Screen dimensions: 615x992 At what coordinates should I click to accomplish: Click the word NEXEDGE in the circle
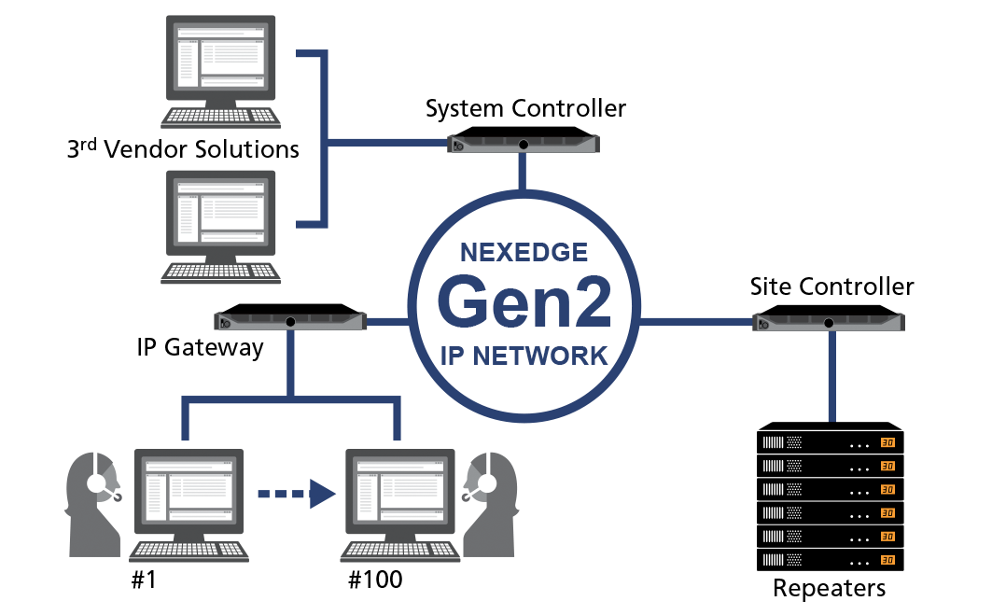pos(524,253)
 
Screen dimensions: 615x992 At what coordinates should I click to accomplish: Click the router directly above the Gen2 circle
pos(524,144)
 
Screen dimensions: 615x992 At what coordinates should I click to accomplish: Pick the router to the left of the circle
pos(290,321)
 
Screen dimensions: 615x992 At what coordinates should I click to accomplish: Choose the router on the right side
pos(829,322)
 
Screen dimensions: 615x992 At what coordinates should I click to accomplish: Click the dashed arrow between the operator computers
pos(296,494)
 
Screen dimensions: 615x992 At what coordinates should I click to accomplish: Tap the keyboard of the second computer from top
pos(220,273)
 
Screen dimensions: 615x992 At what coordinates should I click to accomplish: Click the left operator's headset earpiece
pos(97,482)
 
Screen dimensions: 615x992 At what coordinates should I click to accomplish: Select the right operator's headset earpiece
pos(486,482)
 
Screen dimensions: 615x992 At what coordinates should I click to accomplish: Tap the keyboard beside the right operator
pos(399,551)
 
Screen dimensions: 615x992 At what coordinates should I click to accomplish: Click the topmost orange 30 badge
pos(887,442)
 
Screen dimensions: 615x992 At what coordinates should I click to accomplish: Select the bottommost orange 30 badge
pos(887,560)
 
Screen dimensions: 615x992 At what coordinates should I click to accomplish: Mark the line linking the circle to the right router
pos(695,322)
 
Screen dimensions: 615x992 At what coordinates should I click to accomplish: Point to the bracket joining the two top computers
pos(325,140)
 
